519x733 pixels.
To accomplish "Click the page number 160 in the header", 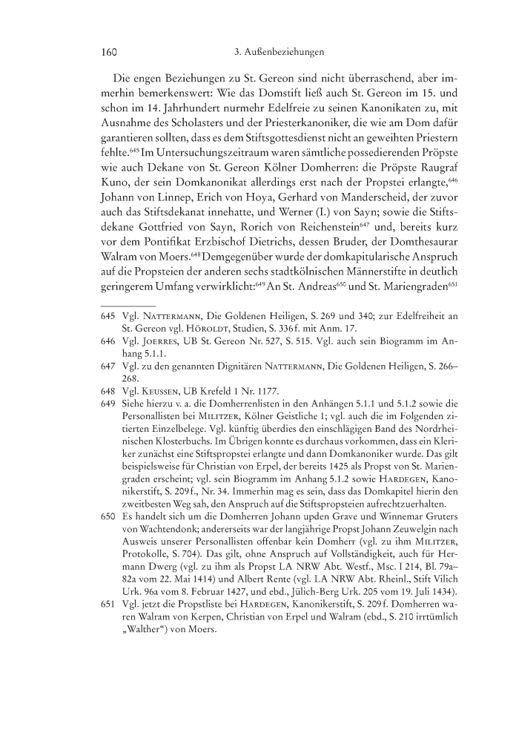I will (110, 53).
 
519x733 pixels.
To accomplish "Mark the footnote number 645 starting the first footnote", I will (108, 316).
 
